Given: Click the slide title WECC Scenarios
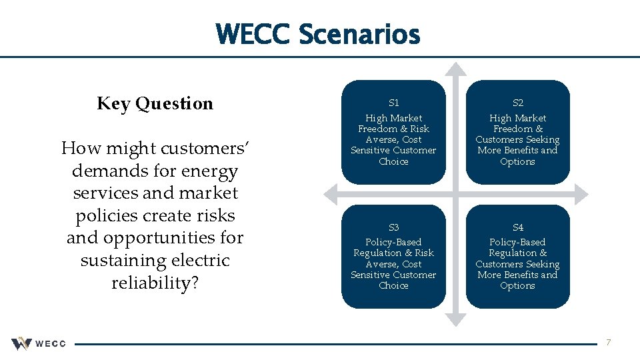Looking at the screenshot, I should click(318, 34).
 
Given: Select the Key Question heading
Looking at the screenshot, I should click(155, 103).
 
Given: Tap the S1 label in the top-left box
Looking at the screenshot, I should click(393, 103).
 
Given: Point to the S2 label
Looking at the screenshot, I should click(518, 103).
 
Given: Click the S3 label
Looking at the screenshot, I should click(393, 227).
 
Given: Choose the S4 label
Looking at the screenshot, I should click(518, 227).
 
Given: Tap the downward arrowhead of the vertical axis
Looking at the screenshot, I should click(455, 318).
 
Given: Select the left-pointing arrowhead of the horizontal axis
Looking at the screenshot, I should click(331, 194).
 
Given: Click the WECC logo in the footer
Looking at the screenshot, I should click(38, 343).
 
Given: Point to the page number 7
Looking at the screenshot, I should click(608, 343).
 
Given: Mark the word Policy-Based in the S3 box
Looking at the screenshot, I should click(393, 242).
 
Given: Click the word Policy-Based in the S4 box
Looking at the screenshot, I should click(518, 242).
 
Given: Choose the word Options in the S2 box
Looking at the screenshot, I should click(518, 161).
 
